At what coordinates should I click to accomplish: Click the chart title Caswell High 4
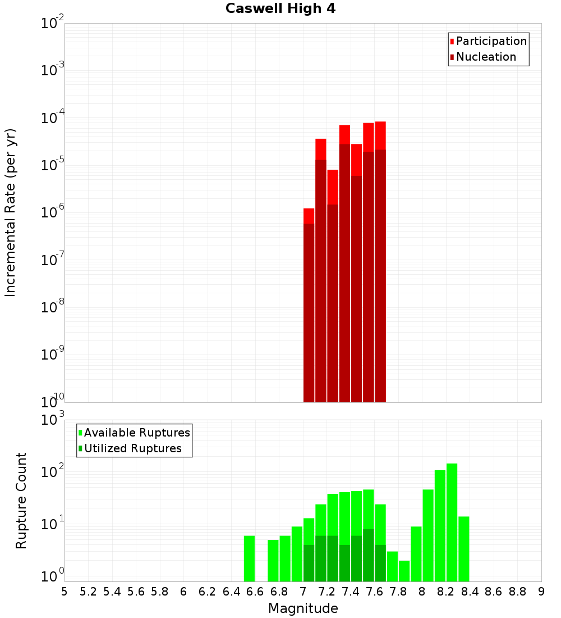coord(280,9)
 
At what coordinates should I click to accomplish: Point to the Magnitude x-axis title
coord(303,608)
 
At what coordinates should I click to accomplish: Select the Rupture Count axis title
coord(21,500)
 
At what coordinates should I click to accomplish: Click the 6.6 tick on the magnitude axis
coord(255,592)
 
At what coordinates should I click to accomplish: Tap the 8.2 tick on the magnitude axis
coord(446,592)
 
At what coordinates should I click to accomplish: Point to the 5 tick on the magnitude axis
coord(65,592)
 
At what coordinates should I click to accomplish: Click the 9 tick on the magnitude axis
coord(541,592)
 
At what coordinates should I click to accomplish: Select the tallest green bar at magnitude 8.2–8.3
coord(452,522)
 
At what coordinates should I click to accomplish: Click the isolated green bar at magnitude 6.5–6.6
coord(250,558)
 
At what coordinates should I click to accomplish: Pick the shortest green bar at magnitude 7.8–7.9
coord(404,571)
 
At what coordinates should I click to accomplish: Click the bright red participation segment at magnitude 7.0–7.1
coord(309,216)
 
